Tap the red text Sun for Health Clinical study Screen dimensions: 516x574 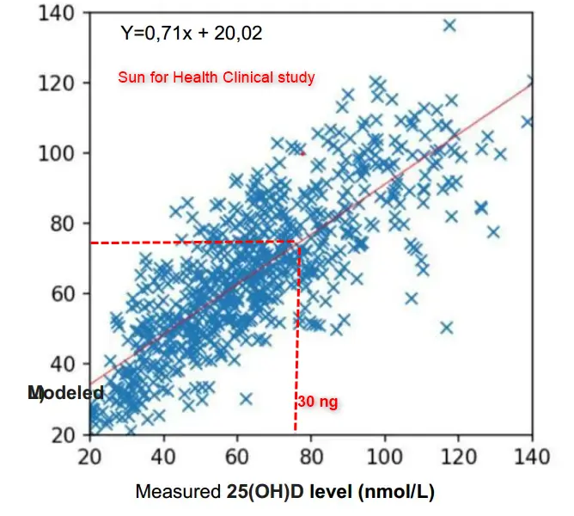point(217,77)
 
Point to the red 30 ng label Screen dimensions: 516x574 point(318,402)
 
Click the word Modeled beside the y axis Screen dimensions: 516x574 point(66,393)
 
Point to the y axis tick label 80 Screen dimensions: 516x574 point(62,224)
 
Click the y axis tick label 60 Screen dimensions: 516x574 point(62,293)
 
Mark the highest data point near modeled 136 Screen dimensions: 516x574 point(449,26)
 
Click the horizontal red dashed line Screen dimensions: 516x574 point(193,243)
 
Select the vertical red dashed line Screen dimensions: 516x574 point(297,344)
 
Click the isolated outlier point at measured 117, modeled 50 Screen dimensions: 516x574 point(447,328)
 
